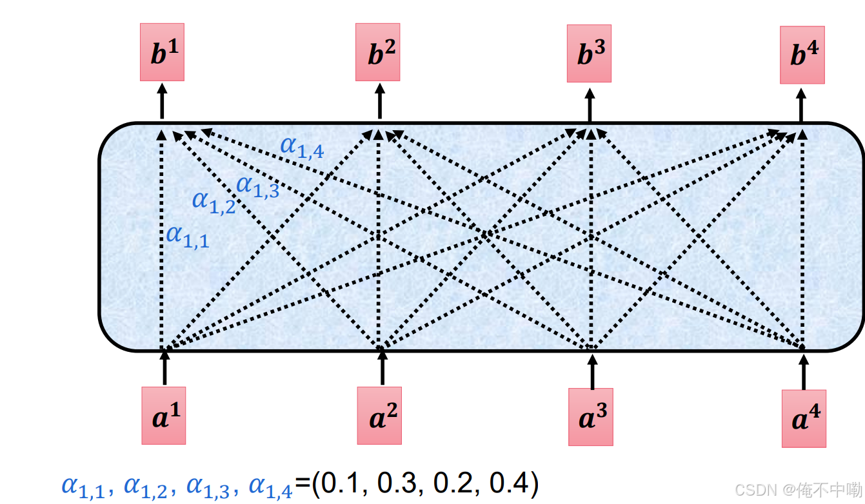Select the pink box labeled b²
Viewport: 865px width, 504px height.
point(378,53)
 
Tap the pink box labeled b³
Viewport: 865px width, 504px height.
point(589,54)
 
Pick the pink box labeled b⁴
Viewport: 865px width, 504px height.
point(802,55)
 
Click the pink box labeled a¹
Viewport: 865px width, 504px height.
point(164,416)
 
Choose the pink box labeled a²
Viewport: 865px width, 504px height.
point(380,416)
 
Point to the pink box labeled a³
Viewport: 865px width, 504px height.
point(591,417)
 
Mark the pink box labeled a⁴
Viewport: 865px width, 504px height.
point(804,418)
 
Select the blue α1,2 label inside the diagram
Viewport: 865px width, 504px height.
point(214,201)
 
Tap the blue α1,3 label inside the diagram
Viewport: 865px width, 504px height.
point(257,186)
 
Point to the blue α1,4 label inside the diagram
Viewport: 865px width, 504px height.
point(302,147)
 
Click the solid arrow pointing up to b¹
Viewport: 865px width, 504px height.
point(162,101)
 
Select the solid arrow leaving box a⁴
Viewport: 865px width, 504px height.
point(803,371)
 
